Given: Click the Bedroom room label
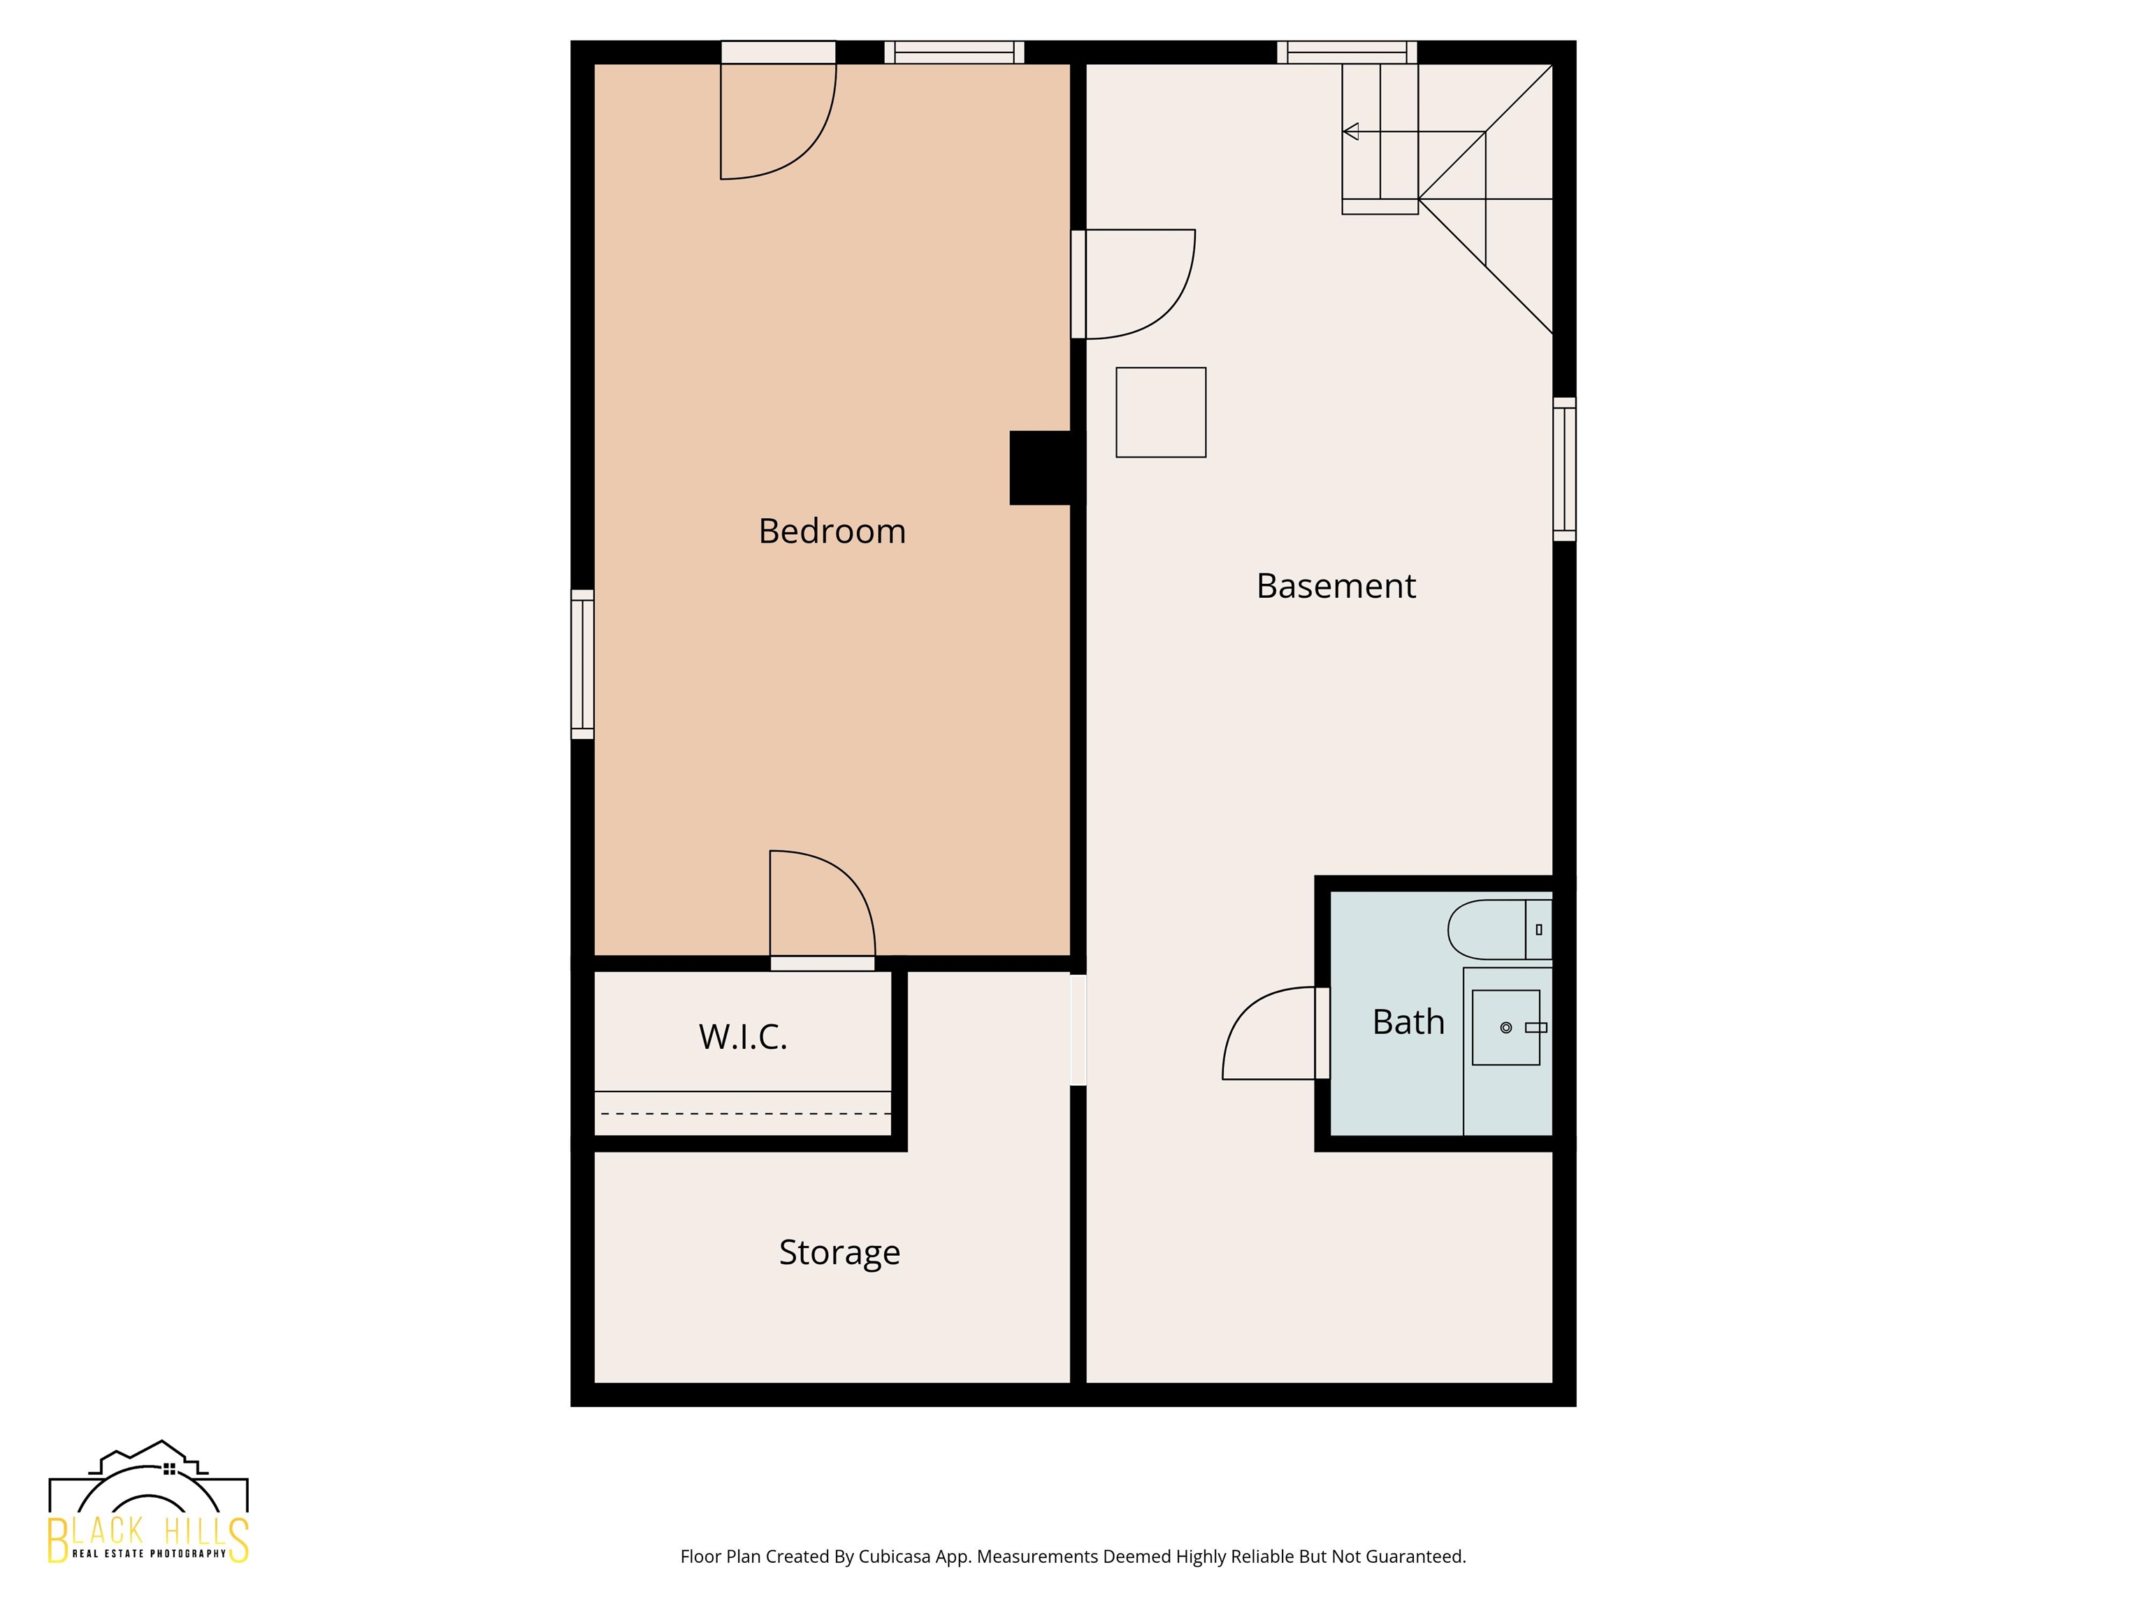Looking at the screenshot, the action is tap(832, 531).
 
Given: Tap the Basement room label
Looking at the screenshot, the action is tap(1336, 585).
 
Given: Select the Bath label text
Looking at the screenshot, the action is tap(1408, 1022).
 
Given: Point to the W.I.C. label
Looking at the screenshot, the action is tap(742, 1036).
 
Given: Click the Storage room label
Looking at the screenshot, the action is tap(839, 1253).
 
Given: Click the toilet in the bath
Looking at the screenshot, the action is tap(1500, 929).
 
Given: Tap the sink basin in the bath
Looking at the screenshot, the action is tap(1506, 1027).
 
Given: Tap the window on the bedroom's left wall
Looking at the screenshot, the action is tap(582, 664).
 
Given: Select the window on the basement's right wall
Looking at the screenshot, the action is tap(1565, 469).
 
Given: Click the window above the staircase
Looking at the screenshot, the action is tap(1347, 52).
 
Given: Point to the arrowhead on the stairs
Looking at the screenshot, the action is tap(1350, 131).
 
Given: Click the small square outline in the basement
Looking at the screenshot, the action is tap(1161, 412).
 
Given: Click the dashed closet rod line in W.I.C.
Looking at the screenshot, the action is tap(744, 1114).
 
